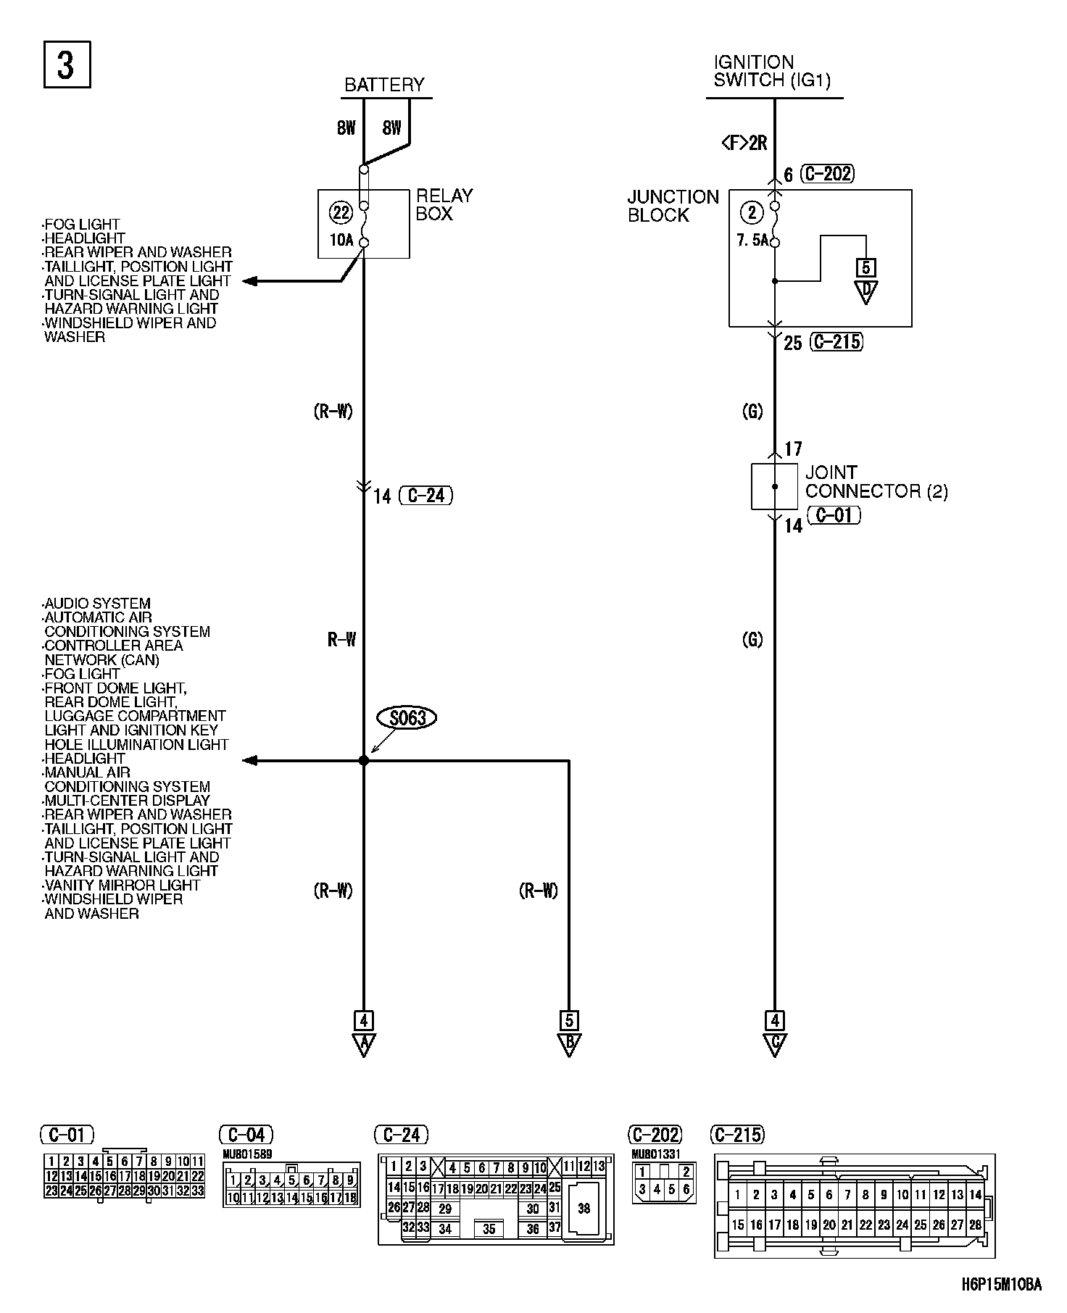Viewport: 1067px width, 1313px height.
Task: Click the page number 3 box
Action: pos(67,65)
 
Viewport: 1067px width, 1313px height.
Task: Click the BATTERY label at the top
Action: pos(384,85)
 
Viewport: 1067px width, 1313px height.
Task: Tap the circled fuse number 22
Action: pos(340,213)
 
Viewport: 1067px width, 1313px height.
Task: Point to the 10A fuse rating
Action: pos(341,240)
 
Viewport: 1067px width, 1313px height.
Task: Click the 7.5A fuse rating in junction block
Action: pos(752,241)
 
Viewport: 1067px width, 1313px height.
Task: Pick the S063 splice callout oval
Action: pos(407,718)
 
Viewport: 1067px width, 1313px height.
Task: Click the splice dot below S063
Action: pos(364,761)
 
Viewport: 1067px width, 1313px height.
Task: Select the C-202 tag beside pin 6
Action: pos(828,174)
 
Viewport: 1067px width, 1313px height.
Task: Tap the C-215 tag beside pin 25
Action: pos(837,342)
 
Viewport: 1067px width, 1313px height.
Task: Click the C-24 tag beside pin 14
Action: pos(425,496)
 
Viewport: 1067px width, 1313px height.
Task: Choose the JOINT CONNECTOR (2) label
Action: pos(876,482)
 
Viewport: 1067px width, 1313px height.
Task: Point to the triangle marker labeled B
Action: pos(569,1045)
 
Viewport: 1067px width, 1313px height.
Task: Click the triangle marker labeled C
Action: pos(775,1045)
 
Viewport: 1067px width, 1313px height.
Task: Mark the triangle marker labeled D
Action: pos(865,291)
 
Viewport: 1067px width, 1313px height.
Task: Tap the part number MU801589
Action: pos(248,1154)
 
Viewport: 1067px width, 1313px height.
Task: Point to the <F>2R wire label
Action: pos(744,143)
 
